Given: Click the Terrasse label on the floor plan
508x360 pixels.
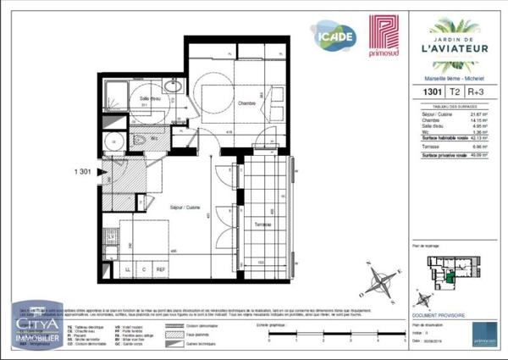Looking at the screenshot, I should (262, 224).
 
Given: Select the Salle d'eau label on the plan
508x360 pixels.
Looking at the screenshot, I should (151, 98).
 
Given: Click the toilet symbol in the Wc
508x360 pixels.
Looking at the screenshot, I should (137, 139).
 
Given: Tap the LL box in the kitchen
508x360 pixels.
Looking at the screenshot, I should (128, 270).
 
